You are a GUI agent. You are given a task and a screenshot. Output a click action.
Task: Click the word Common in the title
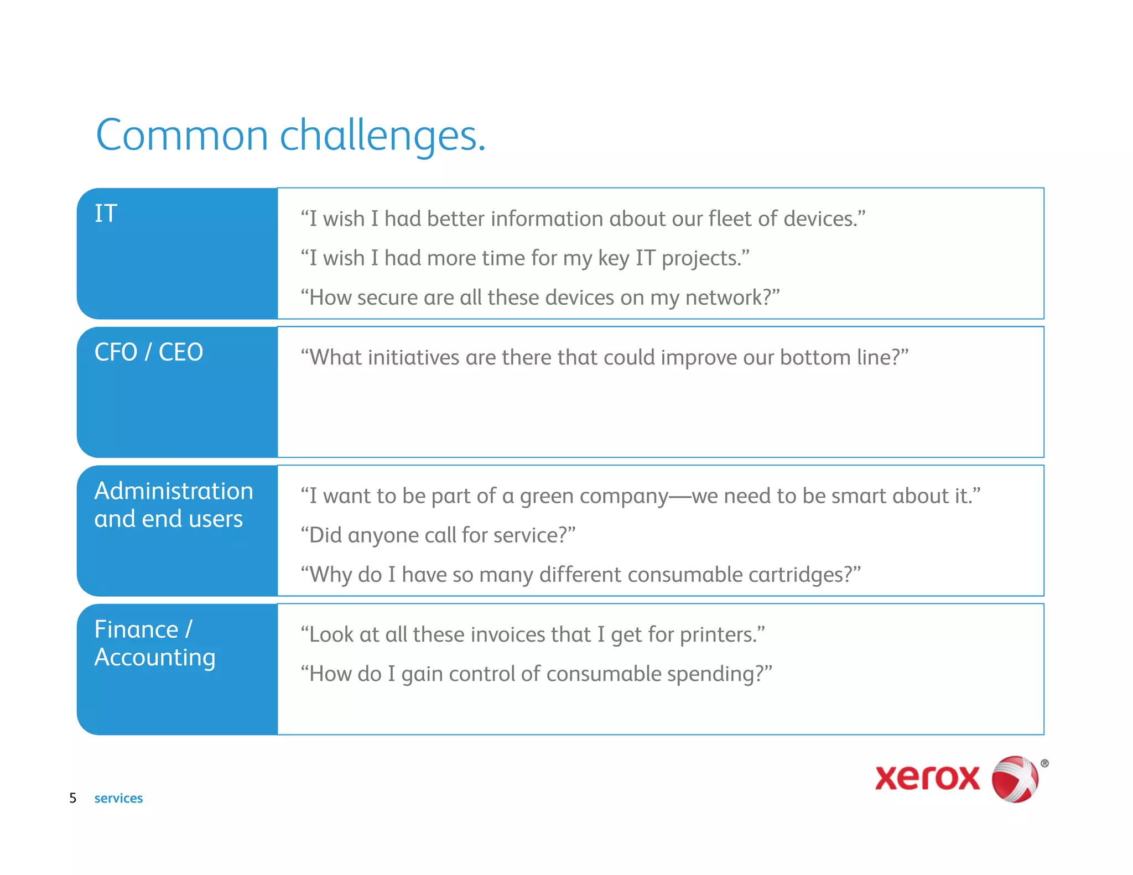coord(182,136)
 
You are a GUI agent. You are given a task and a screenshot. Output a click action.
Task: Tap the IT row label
coord(106,213)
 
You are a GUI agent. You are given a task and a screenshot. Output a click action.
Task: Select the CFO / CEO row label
coord(149,352)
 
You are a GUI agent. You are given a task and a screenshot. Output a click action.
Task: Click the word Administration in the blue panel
coord(174,491)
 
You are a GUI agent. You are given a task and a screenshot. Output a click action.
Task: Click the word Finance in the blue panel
coord(136,629)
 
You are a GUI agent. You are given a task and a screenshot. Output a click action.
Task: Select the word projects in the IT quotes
coord(700,259)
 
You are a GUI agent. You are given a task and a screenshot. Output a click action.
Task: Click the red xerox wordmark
coord(927,778)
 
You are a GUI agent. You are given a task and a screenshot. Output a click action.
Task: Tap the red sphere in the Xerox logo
coord(1014,779)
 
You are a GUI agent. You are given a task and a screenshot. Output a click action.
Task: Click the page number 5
coord(72,798)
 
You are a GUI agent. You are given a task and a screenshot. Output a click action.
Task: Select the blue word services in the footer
coord(118,798)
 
